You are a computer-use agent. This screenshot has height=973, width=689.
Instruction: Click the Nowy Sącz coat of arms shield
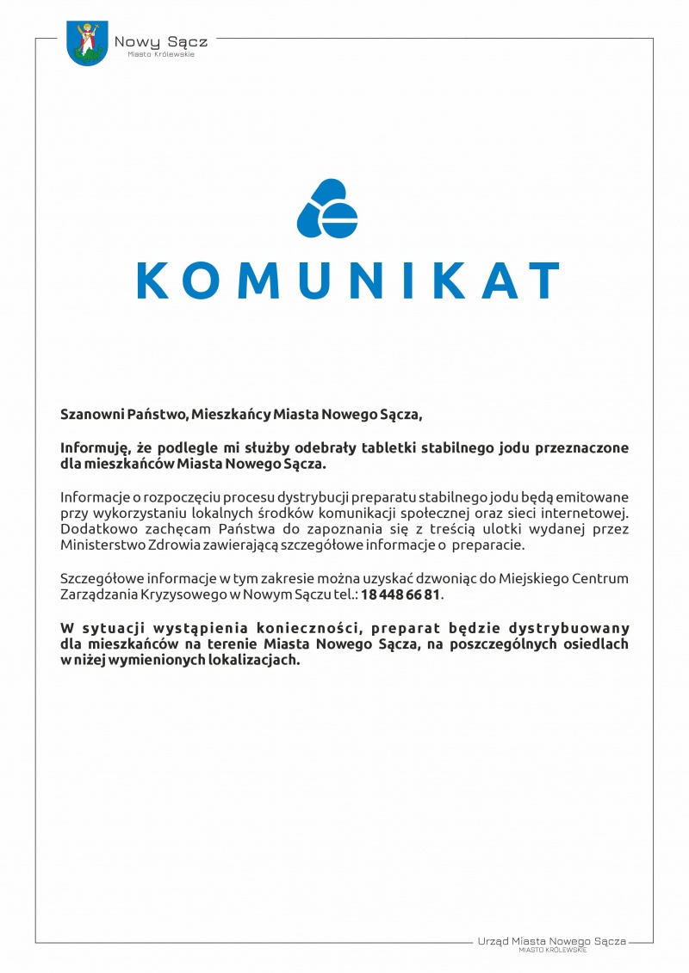point(87,44)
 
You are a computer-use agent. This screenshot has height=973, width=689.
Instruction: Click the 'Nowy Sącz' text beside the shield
point(161,41)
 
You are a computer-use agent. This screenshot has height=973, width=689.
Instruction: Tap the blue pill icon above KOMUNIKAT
point(327,208)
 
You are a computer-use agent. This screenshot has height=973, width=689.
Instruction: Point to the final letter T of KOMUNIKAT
point(541,280)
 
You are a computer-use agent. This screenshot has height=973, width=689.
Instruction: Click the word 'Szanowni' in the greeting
point(87,415)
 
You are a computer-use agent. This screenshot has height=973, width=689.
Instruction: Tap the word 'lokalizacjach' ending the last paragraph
point(254,660)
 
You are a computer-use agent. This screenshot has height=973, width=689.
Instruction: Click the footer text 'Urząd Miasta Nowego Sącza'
point(551,942)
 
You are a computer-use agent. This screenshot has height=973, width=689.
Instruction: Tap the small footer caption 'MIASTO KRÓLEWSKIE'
point(553,951)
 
